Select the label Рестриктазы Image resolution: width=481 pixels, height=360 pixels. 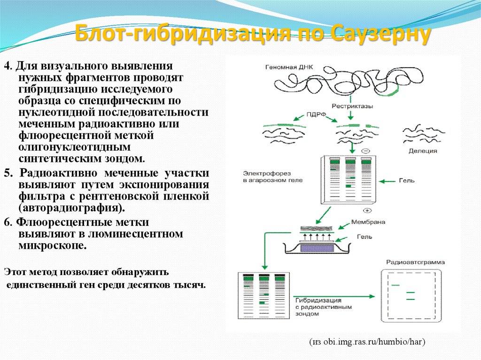coord(352,106)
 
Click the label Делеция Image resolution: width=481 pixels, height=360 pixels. coord(423,151)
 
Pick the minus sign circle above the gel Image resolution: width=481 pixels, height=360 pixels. coord(366,151)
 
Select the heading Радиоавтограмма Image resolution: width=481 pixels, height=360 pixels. coord(415,262)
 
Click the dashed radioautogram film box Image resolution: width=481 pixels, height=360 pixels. coord(414,296)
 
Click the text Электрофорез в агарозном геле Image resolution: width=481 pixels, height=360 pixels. coord(266,176)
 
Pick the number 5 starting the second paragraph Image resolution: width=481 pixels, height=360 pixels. coord(7,172)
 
